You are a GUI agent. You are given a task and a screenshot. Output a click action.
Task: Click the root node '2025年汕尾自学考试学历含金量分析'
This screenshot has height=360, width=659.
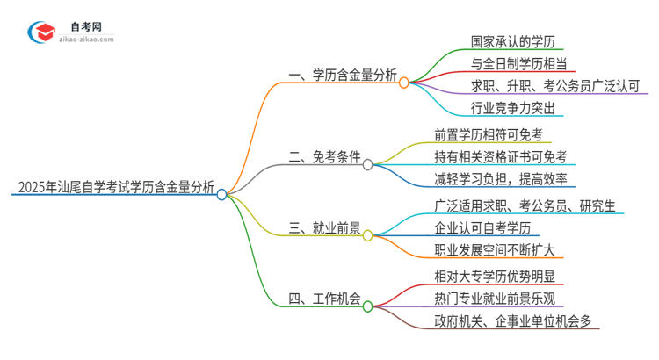114,186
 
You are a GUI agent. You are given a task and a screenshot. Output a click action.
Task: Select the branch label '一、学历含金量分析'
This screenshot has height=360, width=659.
342,77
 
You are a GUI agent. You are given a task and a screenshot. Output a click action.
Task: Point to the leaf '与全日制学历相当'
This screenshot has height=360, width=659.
518,63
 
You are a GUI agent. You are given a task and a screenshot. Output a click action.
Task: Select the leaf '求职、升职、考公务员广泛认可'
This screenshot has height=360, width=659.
542,86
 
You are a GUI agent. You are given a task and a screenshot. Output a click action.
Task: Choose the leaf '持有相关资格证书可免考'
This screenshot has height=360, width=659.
500,157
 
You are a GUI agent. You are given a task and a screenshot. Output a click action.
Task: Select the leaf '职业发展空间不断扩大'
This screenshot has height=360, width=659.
494,250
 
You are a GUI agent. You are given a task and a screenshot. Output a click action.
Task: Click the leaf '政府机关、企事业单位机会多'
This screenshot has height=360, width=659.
512,320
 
